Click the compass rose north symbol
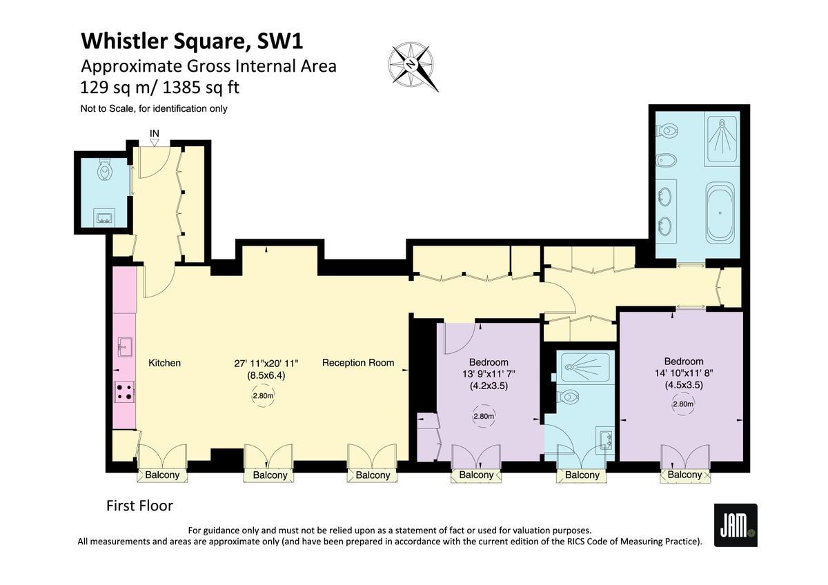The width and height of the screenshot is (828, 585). coord(411,66)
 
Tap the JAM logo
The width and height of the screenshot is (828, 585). coord(735,525)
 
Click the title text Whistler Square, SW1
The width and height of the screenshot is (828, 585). coord(192,41)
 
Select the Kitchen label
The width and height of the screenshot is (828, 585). coord(164,363)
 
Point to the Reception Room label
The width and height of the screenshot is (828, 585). coord(358,363)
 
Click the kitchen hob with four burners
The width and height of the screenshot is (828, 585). coord(124,392)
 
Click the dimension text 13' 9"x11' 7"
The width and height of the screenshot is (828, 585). coord(489,374)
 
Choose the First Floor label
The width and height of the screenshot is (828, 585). coord(139,506)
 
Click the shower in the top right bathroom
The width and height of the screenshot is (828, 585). coord(721,138)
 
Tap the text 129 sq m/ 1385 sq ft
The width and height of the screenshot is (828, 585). coord(160,88)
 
